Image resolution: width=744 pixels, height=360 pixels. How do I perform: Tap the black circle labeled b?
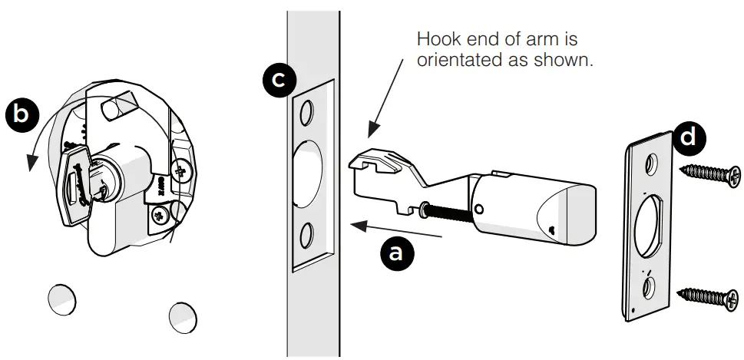pyautogui.click(x=22, y=114)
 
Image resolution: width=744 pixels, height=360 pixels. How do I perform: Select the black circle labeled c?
pyautogui.click(x=277, y=79)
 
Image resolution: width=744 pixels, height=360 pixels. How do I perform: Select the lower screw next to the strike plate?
pyautogui.click(x=709, y=295)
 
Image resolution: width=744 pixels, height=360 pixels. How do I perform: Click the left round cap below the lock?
pyautogui.click(x=61, y=299)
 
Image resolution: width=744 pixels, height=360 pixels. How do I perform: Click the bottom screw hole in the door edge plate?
pyautogui.click(x=306, y=233)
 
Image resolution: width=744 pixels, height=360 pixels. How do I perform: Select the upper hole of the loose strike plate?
pyautogui.click(x=652, y=163)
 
